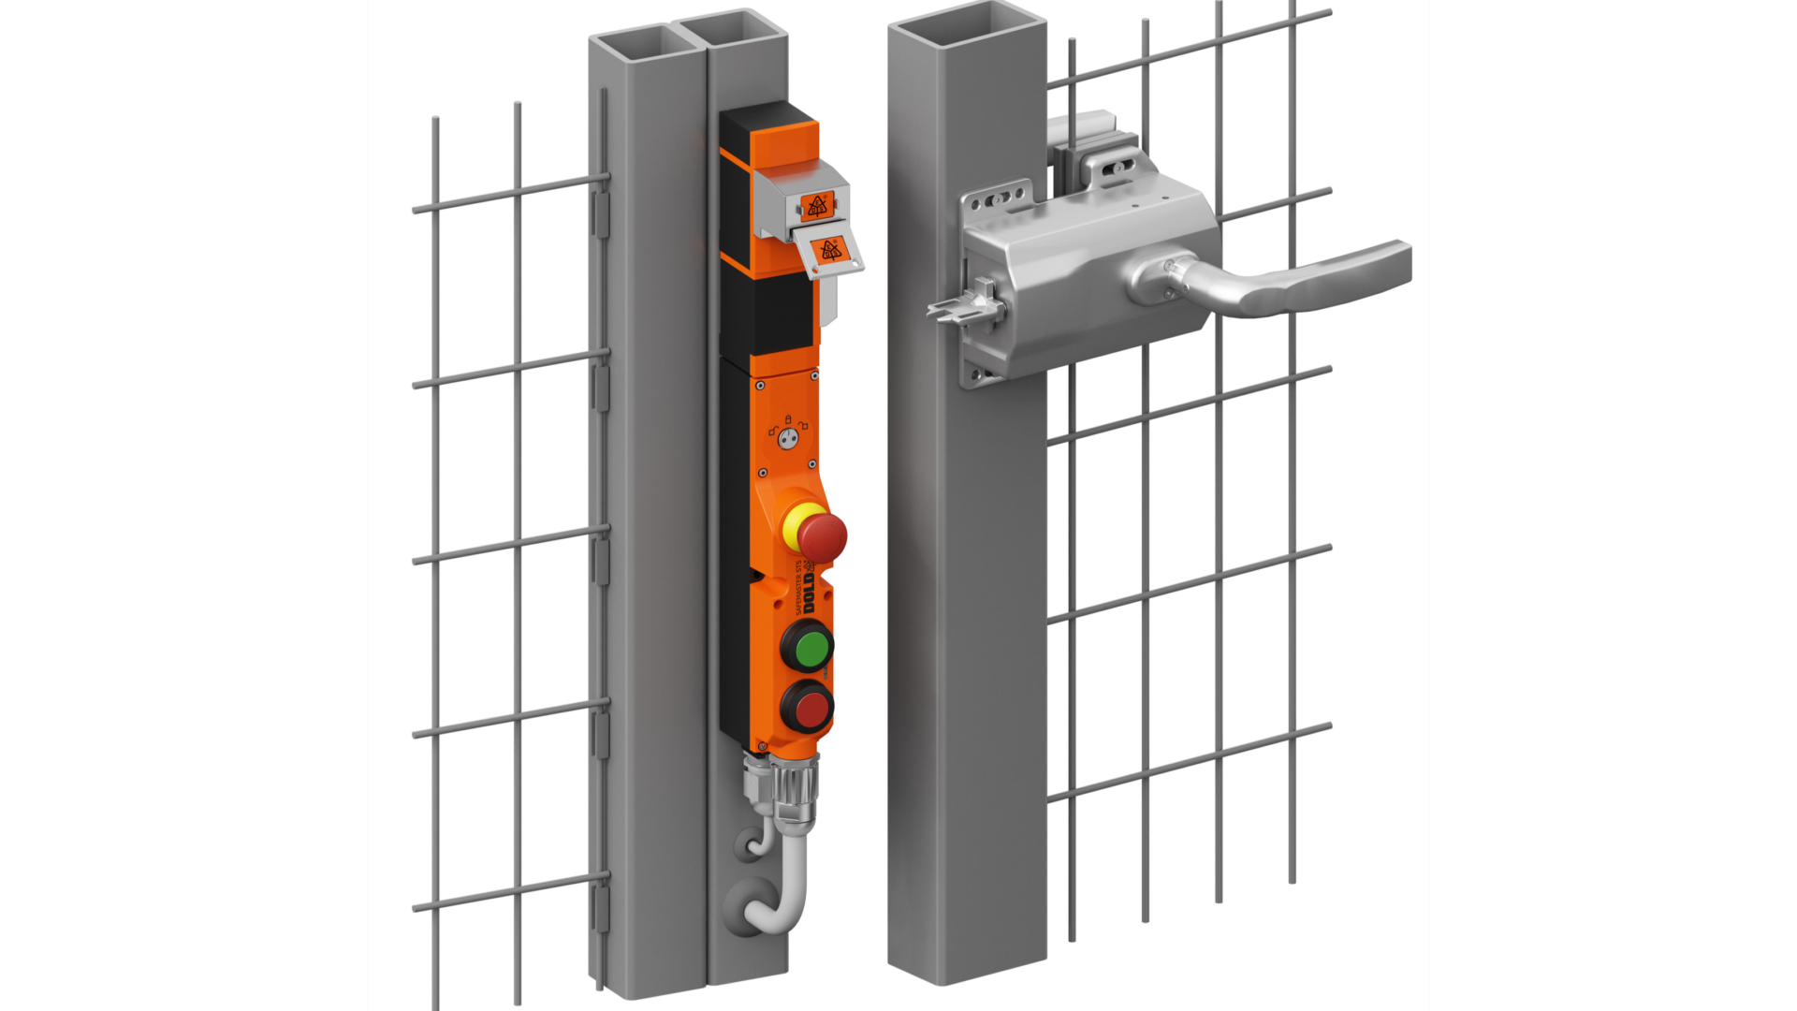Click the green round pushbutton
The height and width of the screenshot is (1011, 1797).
tap(807, 646)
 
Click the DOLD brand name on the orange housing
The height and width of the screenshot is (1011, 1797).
tap(809, 593)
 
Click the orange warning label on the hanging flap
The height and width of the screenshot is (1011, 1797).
tap(830, 250)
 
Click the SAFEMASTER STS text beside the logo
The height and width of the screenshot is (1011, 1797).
tap(797, 586)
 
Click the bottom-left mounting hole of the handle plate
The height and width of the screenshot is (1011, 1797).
tap(979, 375)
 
